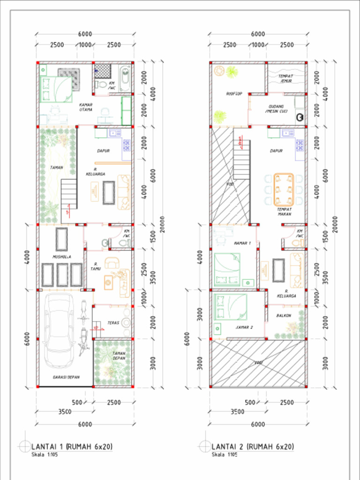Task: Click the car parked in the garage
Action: pos(59,330)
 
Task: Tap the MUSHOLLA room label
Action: pos(62,257)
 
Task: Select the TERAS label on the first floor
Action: pos(112,323)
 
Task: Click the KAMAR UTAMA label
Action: pos(85,107)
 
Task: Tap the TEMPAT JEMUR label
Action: pos(286,78)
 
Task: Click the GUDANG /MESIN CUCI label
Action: pos(276,109)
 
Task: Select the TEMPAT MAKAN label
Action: pos(284,211)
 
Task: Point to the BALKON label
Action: pos(284,316)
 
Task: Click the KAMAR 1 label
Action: pos(242,243)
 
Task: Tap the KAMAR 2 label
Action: pos(244,327)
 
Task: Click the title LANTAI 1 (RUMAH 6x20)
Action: pos(72,446)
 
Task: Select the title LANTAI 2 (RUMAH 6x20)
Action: pos(252,446)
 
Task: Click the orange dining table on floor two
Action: pos(283,189)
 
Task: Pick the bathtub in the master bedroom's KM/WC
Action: pos(124,78)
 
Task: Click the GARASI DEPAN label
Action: pos(66,376)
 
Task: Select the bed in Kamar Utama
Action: pos(57,89)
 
